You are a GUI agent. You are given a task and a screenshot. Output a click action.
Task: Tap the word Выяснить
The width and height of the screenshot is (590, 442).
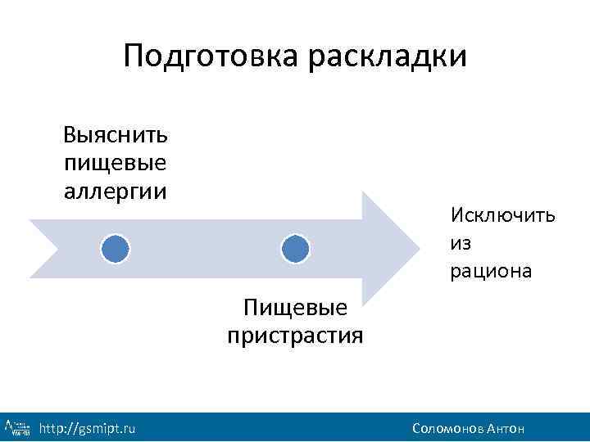pyautogui.click(x=116, y=134)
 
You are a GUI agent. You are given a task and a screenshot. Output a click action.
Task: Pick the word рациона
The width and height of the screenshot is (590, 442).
pyautogui.click(x=490, y=271)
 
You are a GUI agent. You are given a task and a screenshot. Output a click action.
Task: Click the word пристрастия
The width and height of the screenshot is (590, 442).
pyautogui.click(x=294, y=336)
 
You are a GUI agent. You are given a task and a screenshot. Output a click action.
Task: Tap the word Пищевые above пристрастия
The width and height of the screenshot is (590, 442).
pyautogui.click(x=296, y=308)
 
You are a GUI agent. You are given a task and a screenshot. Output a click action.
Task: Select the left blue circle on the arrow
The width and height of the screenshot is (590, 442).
pyautogui.click(x=116, y=247)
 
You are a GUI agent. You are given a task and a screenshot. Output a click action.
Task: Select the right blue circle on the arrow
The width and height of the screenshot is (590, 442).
pyautogui.click(x=295, y=247)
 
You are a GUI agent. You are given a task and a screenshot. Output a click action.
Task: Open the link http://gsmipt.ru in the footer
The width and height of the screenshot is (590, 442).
pyautogui.click(x=88, y=429)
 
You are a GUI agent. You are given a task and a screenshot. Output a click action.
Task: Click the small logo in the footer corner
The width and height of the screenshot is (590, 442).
pyautogui.click(x=18, y=427)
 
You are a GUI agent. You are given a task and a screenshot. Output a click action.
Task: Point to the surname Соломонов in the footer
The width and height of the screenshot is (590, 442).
pyautogui.click(x=447, y=429)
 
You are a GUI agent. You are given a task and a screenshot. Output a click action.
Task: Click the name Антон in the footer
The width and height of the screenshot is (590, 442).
pyautogui.click(x=505, y=429)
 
